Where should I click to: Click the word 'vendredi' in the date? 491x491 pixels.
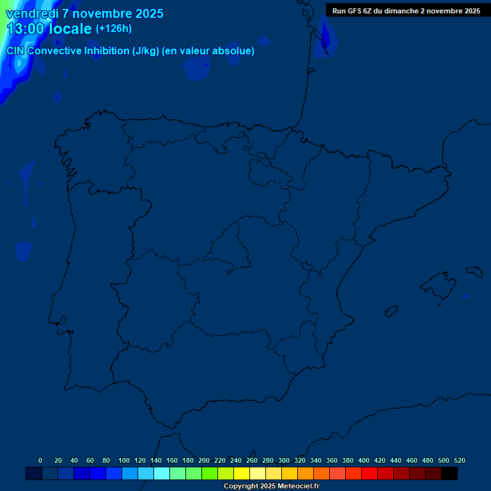(33, 13)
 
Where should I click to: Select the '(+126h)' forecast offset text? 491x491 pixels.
(113, 28)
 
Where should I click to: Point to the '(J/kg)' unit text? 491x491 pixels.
(145, 51)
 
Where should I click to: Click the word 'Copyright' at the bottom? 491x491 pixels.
(242, 487)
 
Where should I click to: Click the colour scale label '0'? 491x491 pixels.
(40, 460)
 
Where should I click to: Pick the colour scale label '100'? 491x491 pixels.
(124, 460)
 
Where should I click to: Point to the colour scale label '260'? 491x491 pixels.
(252, 460)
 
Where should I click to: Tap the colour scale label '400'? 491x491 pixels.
(364, 460)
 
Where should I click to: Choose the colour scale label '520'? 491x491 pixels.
(460, 460)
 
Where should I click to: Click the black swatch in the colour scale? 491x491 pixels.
(449, 474)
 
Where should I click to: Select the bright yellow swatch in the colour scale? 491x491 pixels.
(242, 474)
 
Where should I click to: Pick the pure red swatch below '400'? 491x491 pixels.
(370, 474)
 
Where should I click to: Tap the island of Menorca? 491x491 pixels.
(474, 271)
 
